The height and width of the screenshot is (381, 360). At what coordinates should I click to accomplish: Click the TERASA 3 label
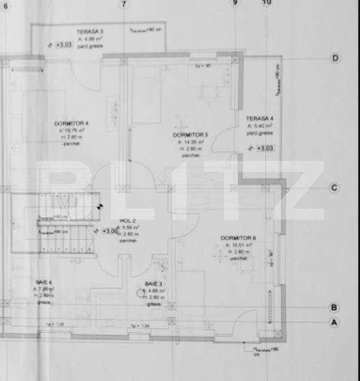tap(89, 32)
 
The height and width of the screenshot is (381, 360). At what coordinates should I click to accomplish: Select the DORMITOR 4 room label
tap(71, 123)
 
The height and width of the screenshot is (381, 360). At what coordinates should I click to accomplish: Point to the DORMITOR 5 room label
tap(190, 135)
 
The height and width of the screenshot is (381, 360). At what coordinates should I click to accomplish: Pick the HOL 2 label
tap(128, 221)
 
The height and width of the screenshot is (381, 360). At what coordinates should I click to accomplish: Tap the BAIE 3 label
tap(155, 284)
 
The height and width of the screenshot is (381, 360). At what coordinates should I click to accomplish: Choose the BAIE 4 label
tap(44, 283)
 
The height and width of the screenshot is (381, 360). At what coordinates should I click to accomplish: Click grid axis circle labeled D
tap(335, 58)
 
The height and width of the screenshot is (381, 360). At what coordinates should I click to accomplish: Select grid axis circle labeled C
tap(334, 188)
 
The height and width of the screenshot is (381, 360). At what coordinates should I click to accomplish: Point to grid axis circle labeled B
tap(334, 307)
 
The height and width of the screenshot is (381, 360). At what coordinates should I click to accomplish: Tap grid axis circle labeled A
tap(334, 322)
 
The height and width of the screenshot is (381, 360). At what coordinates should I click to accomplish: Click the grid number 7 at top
tap(124, 4)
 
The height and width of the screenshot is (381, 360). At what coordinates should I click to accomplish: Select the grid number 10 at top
tap(266, 3)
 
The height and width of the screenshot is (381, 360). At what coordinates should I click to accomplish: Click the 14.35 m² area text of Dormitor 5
tap(191, 142)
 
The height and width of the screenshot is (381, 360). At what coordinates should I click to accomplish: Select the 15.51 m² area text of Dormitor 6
tap(238, 246)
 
